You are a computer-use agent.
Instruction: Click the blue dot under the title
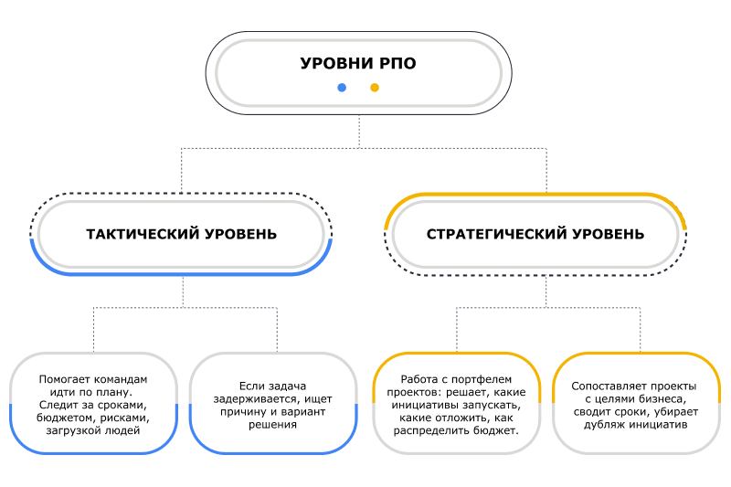(342, 88)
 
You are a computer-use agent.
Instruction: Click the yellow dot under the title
(374, 88)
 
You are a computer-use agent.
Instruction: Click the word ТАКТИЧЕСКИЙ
(143, 234)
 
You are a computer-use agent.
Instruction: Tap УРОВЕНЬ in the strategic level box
(609, 234)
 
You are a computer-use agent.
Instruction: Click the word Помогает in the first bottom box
(66, 379)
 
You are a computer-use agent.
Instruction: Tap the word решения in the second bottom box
(272, 424)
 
